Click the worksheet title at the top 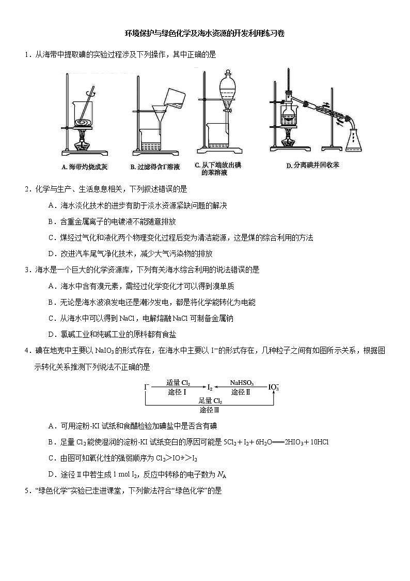pyautogui.click(x=204, y=34)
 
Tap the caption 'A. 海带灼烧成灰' pyautogui.click(x=84, y=167)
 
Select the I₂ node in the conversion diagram pyautogui.click(x=209, y=386)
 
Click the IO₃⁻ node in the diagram pyautogui.click(x=274, y=387)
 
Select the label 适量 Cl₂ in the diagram pyautogui.click(x=178, y=382)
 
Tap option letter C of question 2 pyautogui.click(x=51, y=237)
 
